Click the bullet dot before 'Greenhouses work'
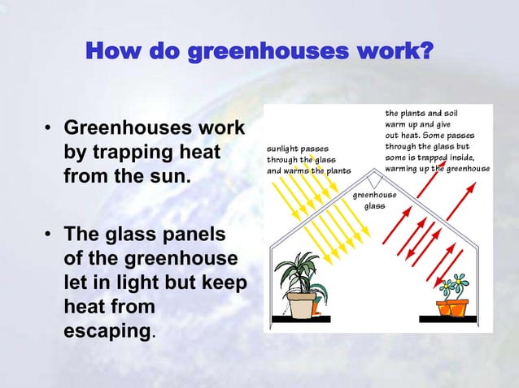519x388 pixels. click(x=50, y=130)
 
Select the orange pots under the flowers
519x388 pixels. click(x=454, y=308)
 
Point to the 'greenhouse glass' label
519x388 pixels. click(x=374, y=200)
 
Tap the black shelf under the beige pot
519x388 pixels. click(x=300, y=319)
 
